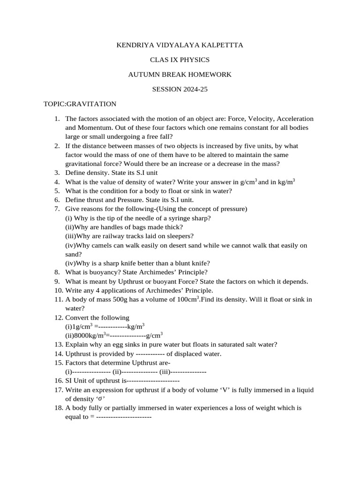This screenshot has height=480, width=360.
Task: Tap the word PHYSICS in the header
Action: (x=193, y=60)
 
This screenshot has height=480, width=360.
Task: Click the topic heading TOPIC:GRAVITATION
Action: (x=80, y=104)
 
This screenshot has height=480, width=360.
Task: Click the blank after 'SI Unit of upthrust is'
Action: (x=153, y=381)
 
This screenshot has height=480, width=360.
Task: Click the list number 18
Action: (x=59, y=408)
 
